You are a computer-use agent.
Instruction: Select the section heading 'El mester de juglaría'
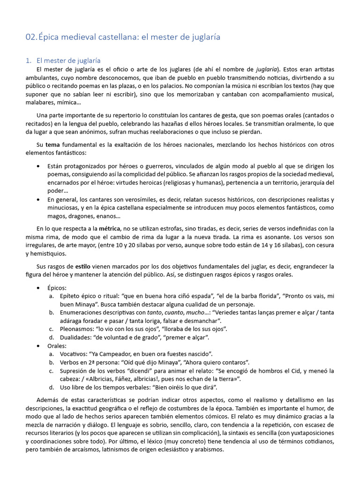point(68,60)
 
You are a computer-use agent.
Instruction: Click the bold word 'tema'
point(52,145)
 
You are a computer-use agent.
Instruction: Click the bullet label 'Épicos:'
point(57,287)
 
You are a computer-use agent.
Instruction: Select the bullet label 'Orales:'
point(57,345)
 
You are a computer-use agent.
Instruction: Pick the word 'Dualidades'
point(77,337)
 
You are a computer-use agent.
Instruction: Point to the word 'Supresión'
point(75,371)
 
